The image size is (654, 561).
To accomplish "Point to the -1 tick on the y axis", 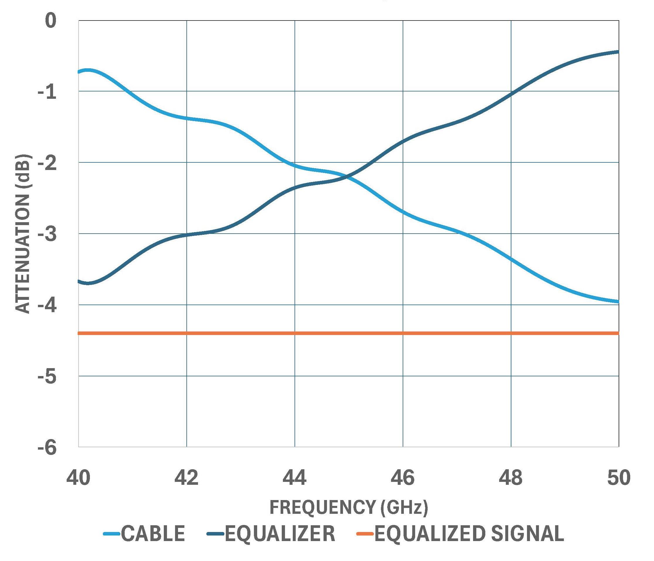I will click(x=47, y=92).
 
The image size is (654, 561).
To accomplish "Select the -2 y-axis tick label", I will click(x=47, y=164).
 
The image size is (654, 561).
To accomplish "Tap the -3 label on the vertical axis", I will click(x=47, y=234).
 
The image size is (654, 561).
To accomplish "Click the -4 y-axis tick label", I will click(x=47, y=306).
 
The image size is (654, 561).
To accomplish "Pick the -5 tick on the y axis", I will click(x=47, y=377).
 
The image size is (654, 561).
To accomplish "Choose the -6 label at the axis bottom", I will click(x=47, y=448).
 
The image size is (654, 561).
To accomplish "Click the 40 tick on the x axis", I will click(x=78, y=478).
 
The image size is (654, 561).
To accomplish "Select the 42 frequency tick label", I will click(x=187, y=478).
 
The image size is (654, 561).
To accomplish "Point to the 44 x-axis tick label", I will click(x=294, y=478).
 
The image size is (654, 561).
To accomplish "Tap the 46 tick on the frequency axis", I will click(x=403, y=478).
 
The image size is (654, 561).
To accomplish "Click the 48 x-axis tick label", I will click(x=511, y=478).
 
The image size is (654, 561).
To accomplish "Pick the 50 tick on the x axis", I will click(x=618, y=478).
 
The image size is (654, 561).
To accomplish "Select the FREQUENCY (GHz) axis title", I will click(x=348, y=507).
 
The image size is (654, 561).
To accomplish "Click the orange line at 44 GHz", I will click(x=295, y=333).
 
